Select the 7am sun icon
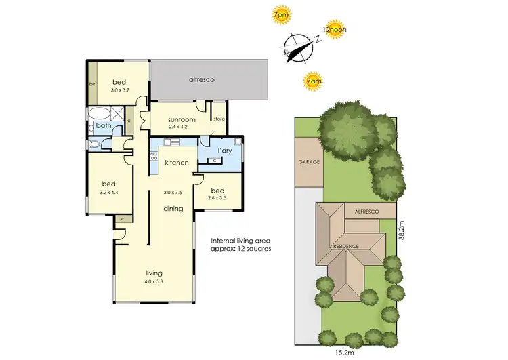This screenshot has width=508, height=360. (313, 81)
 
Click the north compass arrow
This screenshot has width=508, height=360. (296, 47)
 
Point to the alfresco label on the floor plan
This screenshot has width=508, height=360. (202, 79)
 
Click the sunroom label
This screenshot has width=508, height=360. (182, 119)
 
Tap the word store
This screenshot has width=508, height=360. (218, 120)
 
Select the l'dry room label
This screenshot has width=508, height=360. (225, 150)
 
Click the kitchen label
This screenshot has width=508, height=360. (176, 163)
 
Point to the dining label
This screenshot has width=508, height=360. (173, 209)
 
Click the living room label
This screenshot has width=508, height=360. (154, 273)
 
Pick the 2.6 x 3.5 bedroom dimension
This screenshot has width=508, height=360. (217, 198)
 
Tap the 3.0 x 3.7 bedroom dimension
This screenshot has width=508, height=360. (119, 89)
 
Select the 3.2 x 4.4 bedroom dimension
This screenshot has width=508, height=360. (108, 192)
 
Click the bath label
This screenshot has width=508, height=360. (103, 125)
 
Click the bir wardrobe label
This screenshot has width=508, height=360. (92, 84)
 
